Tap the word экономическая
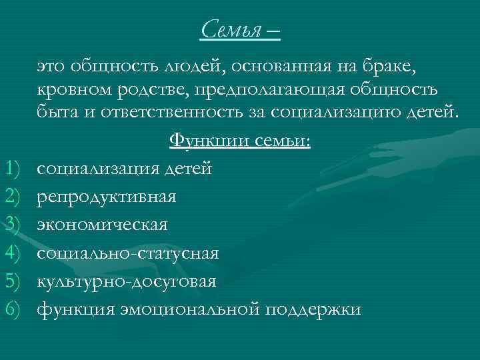coord(103,225)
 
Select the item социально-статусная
coord(127,253)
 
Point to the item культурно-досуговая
coord(126,282)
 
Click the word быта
coord(55,113)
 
